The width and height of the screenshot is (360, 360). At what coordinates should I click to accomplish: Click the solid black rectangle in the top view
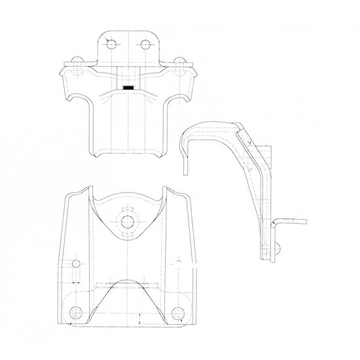[x=129, y=86]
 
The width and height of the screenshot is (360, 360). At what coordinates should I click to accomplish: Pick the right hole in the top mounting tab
[x=145, y=44]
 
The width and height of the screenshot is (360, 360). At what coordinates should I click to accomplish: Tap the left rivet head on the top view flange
[x=77, y=62]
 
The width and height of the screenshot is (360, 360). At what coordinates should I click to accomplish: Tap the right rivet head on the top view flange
[x=179, y=62]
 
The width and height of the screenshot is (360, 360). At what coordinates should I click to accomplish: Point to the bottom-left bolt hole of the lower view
[x=76, y=312]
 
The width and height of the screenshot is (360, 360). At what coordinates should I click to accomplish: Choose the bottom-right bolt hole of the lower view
[x=179, y=312]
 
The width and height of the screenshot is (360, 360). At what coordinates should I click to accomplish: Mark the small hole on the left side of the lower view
[x=76, y=264]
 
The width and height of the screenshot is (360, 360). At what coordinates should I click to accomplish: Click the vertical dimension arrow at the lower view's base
[x=139, y=321]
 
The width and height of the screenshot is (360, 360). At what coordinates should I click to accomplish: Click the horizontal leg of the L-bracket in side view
[x=294, y=223]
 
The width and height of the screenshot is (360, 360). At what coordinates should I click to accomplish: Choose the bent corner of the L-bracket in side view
[x=276, y=223]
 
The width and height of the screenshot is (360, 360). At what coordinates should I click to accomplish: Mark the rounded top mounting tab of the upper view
[x=128, y=39]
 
